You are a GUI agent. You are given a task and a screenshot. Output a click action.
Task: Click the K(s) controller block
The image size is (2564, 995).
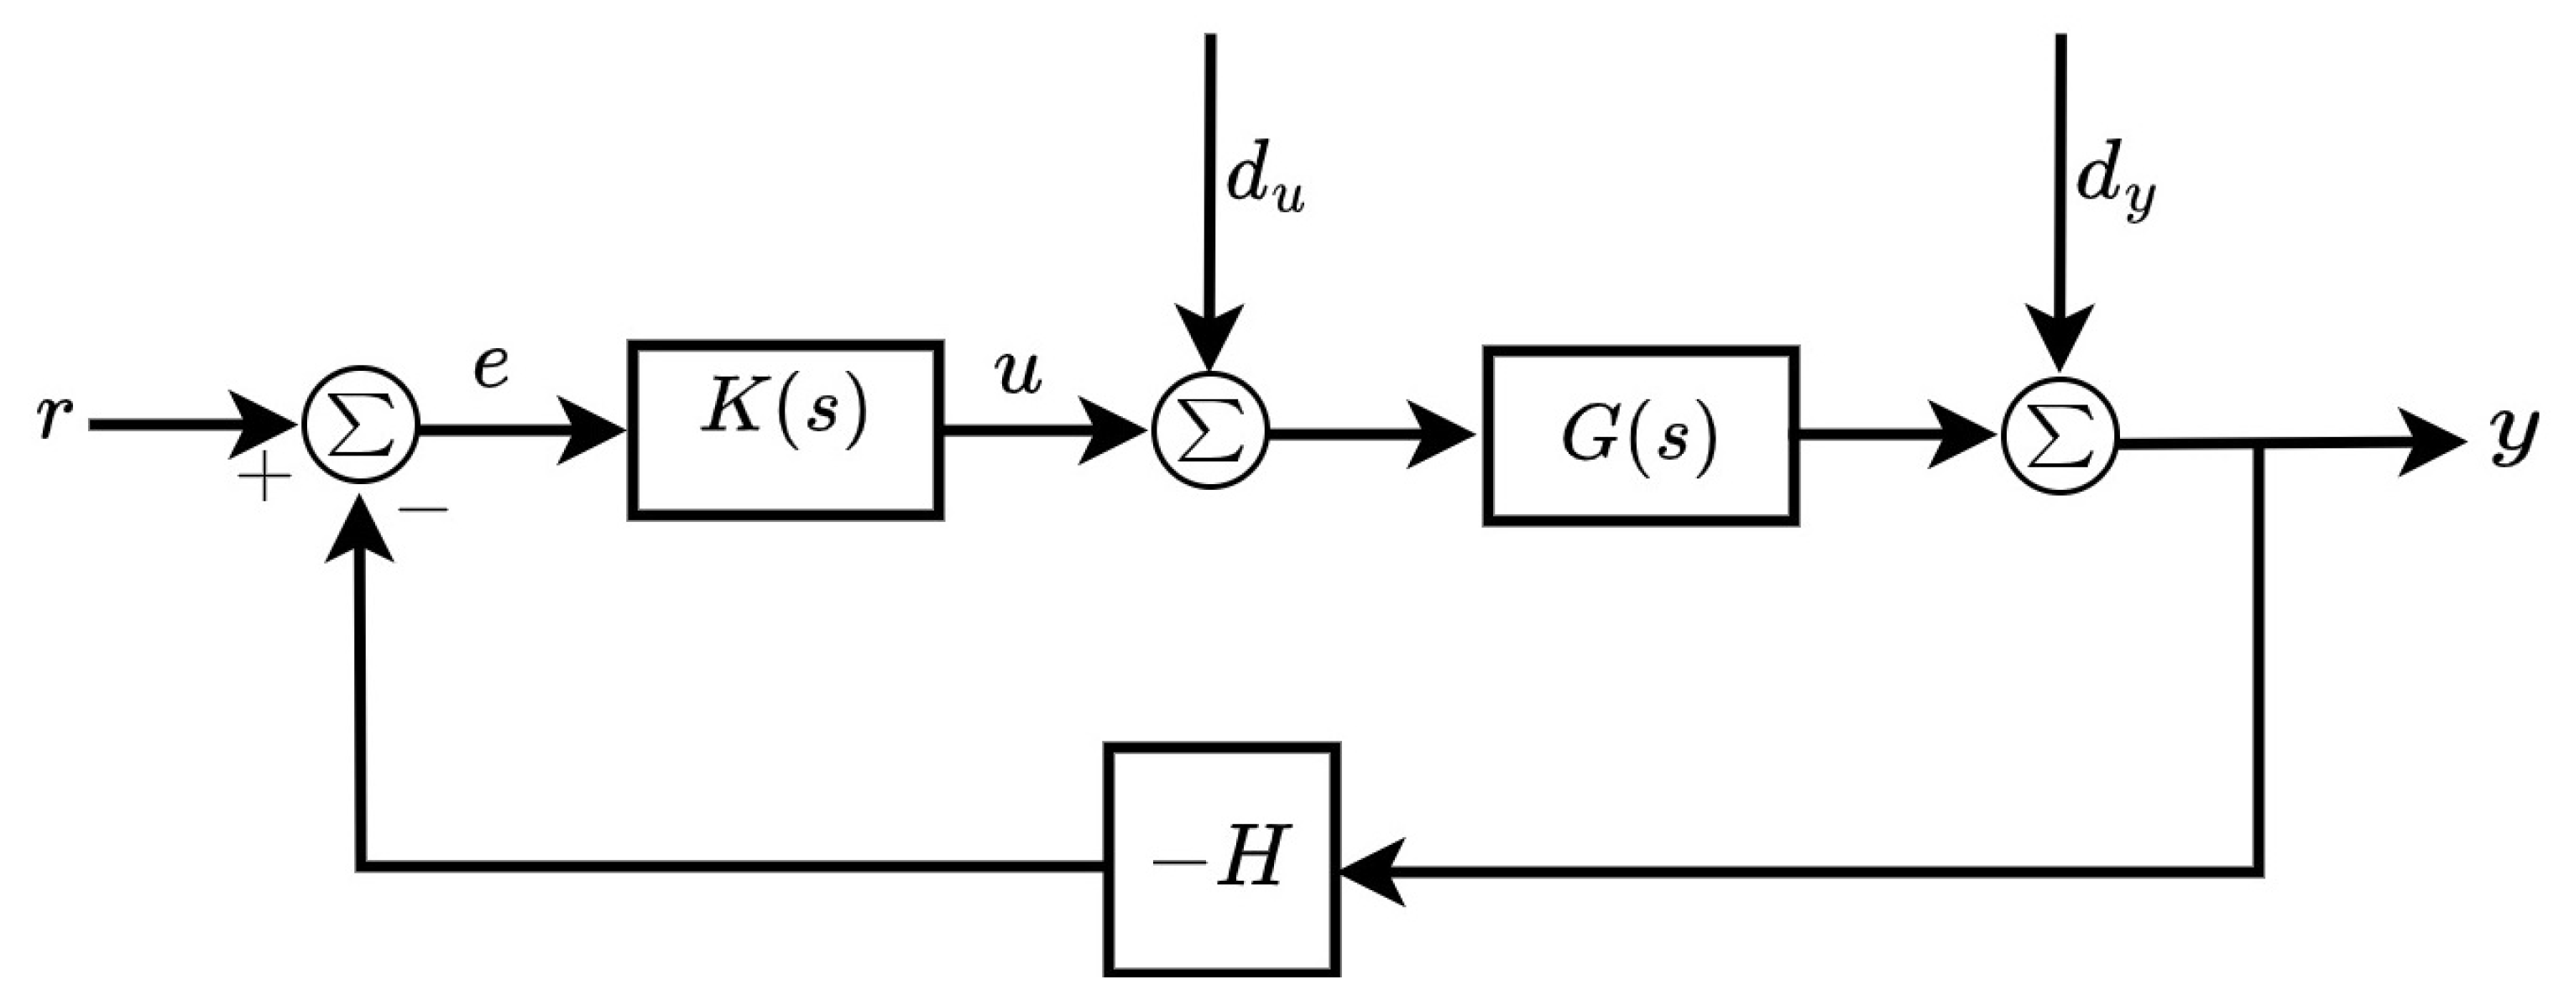coord(786,430)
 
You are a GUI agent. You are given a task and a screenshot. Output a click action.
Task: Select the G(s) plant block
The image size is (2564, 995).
coord(1640,435)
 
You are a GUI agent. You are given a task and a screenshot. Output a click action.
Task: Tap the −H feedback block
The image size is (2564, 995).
coord(1221,861)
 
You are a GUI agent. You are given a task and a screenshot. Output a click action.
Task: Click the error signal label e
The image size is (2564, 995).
coord(491,369)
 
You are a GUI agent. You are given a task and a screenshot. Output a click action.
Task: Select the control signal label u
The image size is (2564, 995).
coord(1017,375)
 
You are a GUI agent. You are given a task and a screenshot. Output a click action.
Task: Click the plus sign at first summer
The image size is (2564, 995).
coord(264,482)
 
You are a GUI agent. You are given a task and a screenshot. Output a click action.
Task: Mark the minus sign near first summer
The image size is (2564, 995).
coord(424,510)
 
